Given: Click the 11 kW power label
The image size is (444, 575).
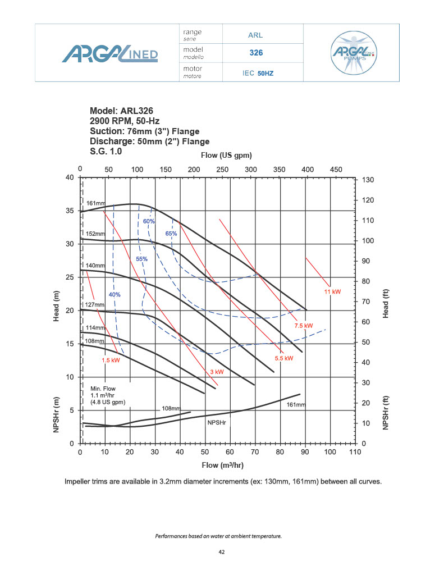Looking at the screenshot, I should coord(332,293).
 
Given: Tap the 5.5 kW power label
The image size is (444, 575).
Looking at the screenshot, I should coord(284,358).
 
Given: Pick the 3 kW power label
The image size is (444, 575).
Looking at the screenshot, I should coord(217,372).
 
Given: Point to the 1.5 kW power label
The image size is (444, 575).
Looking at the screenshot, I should coord(111,360).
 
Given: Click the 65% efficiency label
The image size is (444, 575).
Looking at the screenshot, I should coord(171,234).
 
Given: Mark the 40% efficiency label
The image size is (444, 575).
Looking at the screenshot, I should coord(115,295).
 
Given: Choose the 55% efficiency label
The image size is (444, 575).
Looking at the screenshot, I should coord(141,259).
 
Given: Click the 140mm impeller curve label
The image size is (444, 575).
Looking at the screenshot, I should coord(95,265).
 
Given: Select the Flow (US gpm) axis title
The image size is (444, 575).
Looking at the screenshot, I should coord(226,155).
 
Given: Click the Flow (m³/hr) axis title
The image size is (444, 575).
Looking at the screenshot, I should coord(223,466).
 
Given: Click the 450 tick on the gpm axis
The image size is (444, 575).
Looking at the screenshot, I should coord(336,170).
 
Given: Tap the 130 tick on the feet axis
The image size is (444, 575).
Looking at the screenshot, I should coord(369,180).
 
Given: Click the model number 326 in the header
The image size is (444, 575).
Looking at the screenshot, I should coord(256,53).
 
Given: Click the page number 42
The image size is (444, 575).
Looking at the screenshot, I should coord(222,553).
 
